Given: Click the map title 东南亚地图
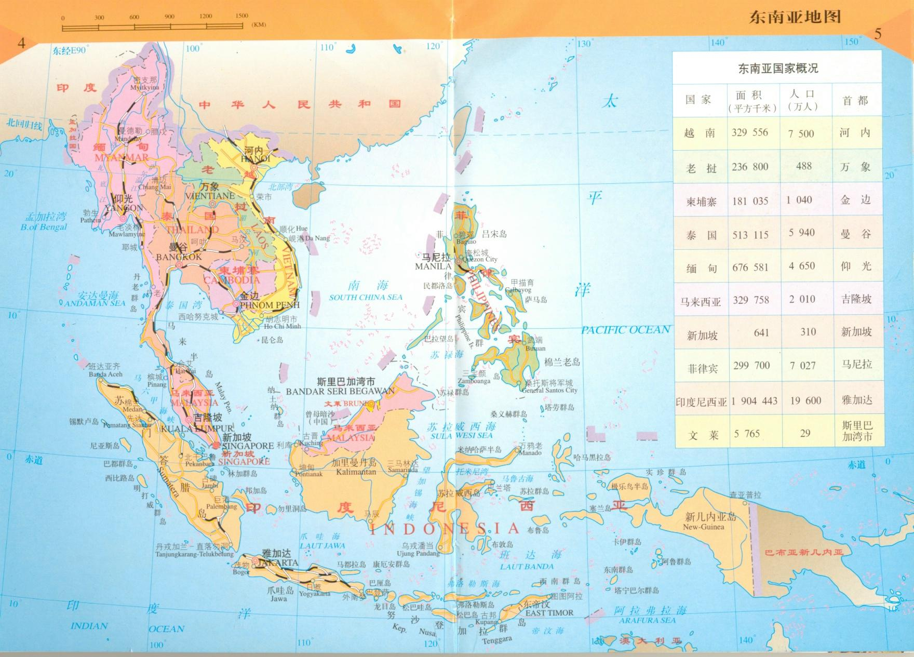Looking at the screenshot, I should (x=794, y=17).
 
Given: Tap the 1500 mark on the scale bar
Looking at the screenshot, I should (x=241, y=16).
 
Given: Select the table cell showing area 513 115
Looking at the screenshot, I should (x=750, y=235).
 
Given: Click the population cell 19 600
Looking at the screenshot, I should (x=805, y=400).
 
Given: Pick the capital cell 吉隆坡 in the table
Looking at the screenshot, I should (x=856, y=299).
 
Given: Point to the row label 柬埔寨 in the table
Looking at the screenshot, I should (x=701, y=202).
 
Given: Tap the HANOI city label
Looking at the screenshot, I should (x=256, y=158).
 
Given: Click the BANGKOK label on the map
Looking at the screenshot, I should (x=179, y=257).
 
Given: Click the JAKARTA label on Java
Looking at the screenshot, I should (x=278, y=562).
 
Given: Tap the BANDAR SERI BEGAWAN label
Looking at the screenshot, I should (x=340, y=391).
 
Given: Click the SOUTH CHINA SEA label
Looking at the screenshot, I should (x=366, y=297).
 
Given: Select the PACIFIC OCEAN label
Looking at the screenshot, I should (x=625, y=330).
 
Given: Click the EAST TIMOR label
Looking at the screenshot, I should (x=549, y=613).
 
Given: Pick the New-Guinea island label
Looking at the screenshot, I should (x=703, y=527).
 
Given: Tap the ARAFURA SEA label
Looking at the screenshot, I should (x=647, y=620).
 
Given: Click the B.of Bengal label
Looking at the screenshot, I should (x=44, y=227).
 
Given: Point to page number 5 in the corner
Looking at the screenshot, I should (x=878, y=34).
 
